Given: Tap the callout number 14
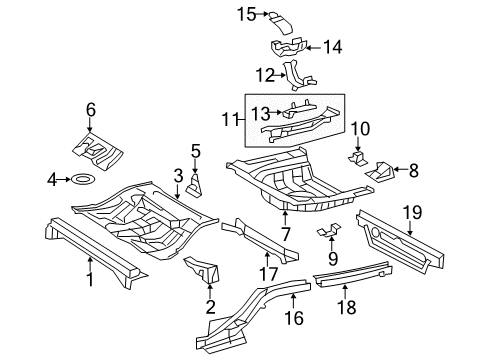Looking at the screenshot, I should pyautogui.click(x=332, y=46).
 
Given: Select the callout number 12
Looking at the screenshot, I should pyautogui.click(x=264, y=74).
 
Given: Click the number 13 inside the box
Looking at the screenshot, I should pyautogui.click(x=260, y=112).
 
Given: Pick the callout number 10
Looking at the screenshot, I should pyautogui.click(x=360, y=127).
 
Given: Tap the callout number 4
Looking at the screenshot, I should pyautogui.click(x=52, y=180).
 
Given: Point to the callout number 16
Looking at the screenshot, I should pyautogui.click(x=294, y=318).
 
